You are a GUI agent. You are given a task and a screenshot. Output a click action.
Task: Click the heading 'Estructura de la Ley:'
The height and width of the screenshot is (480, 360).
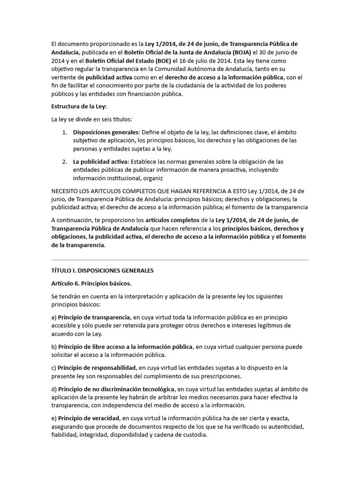pos(79,106)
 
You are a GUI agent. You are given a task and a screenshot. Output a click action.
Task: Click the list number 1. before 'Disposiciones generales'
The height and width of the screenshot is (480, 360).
pos(65,132)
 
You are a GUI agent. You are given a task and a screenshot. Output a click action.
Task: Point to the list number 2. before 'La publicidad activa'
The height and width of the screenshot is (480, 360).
pos(65,162)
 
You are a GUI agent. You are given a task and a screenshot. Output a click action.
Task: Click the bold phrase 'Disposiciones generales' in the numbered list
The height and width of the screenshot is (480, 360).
pos(106,132)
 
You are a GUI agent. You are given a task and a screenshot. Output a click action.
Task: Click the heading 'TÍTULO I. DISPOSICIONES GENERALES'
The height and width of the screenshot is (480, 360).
pos(102,270)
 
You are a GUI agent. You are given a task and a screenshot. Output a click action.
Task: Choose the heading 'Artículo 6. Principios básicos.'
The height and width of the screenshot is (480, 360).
pos(91,284)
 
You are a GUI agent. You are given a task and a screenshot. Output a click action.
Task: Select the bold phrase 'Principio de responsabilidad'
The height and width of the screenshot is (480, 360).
pos(97,367)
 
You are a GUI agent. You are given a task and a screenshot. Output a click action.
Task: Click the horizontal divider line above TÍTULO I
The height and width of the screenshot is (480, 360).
pos(180,259)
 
